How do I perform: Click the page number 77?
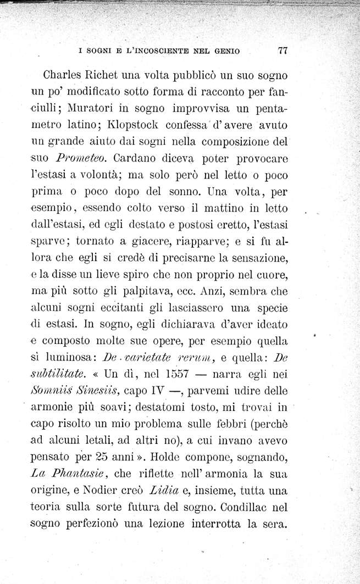point(284,51)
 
